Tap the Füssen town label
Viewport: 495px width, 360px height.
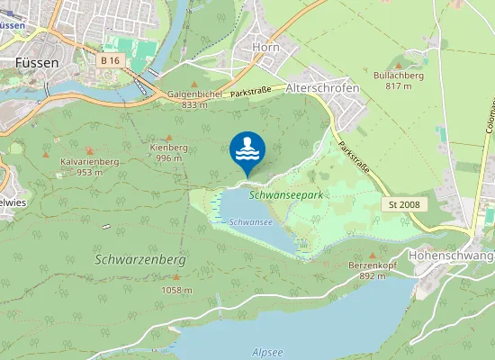tap(37, 63)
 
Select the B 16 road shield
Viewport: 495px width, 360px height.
tap(110, 60)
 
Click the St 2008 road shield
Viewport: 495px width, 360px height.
tap(405, 205)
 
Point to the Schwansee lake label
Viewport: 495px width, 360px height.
tap(251, 221)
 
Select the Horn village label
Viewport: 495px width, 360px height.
tap(266, 47)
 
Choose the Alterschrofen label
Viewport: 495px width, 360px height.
tap(321, 88)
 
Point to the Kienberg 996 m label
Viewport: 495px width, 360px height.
tap(168, 152)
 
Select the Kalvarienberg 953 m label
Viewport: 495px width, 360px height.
tap(89, 166)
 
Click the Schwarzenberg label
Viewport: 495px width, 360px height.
tap(139, 258)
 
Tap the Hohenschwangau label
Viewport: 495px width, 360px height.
tap(451, 256)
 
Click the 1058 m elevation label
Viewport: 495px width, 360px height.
tap(176, 290)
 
